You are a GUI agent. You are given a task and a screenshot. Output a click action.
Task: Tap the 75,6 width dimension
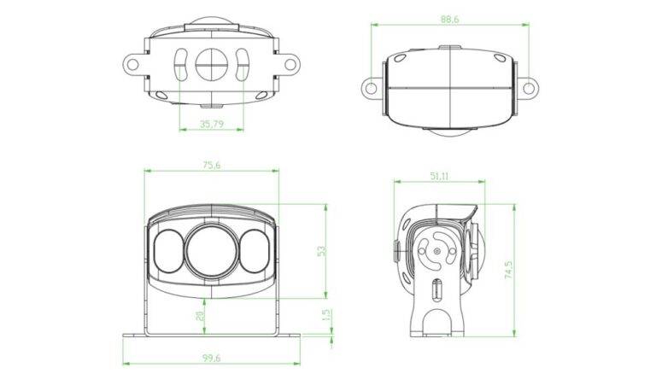(x=211, y=166)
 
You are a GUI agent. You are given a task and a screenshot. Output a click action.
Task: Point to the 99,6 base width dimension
(x=211, y=359)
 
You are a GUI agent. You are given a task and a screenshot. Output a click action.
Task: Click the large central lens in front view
(x=210, y=250)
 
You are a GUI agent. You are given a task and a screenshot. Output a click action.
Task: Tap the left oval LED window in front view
(x=167, y=251)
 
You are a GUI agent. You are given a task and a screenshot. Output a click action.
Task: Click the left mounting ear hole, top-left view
(x=132, y=62)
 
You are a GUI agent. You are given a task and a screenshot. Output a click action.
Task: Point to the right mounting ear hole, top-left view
(x=289, y=62)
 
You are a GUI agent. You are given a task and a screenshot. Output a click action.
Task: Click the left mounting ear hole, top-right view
(x=371, y=86)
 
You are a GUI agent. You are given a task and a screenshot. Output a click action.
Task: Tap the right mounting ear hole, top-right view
(x=528, y=86)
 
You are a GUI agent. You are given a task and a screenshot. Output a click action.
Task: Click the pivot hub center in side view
(x=436, y=253)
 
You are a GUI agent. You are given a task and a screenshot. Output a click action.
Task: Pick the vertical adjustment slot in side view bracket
(x=436, y=290)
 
